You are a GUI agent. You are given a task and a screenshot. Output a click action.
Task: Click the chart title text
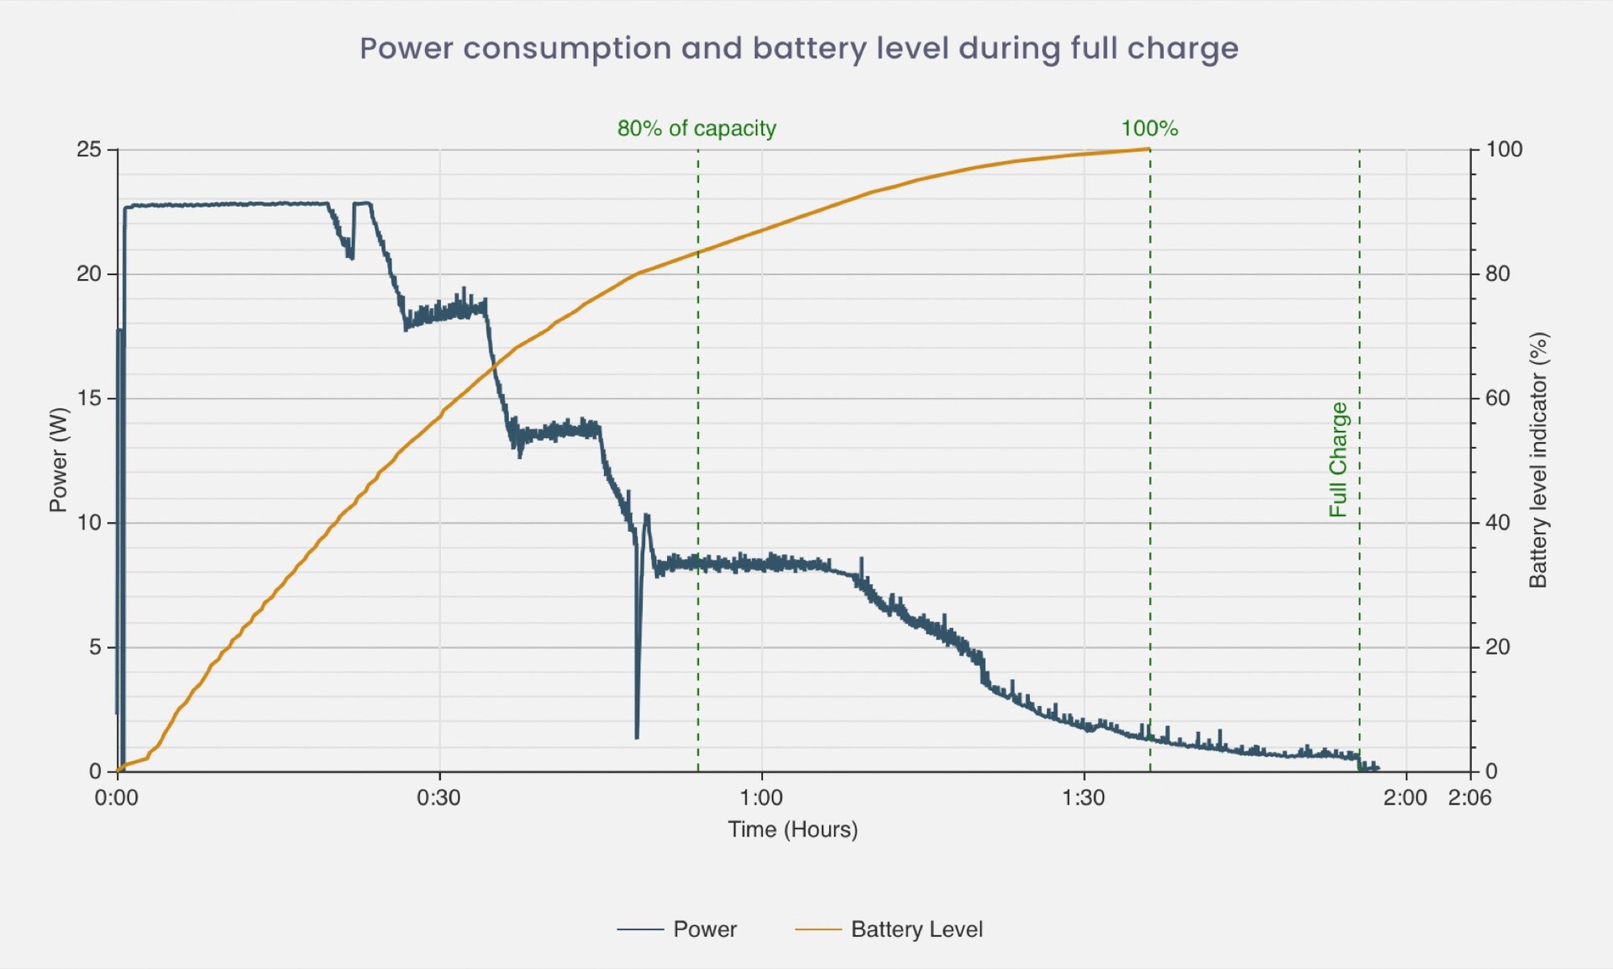(799, 49)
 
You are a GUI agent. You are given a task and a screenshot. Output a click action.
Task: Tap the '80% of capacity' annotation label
(696, 129)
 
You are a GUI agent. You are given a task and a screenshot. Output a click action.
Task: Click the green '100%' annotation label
(1149, 129)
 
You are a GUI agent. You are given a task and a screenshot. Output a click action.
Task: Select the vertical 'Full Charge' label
(1338, 459)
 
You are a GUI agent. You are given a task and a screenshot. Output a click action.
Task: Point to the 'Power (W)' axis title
(58, 460)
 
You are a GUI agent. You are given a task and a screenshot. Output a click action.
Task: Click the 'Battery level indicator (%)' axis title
(1538, 460)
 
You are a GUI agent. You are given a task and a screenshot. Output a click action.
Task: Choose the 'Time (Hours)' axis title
(792, 829)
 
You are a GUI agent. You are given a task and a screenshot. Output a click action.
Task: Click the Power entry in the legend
(704, 929)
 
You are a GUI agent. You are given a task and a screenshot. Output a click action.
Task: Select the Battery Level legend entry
(916, 929)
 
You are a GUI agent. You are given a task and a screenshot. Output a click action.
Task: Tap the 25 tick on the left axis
(88, 150)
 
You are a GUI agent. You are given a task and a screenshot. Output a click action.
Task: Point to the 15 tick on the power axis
(88, 398)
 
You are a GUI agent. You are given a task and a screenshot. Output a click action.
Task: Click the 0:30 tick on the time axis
(439, 797)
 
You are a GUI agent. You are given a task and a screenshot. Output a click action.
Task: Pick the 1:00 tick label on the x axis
(761, 797)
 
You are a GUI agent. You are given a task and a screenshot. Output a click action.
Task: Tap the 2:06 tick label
(1469, 797)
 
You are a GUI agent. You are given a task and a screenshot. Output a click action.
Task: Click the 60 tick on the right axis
(1498, 398)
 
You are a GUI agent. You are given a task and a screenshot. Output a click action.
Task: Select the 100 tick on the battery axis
(1504, 150)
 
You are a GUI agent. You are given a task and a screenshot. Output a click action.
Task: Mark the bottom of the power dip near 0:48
(637, 737)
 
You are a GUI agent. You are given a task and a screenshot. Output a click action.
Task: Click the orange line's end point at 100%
(1148, 150)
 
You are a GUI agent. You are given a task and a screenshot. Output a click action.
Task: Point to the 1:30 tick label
(1084, 797)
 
